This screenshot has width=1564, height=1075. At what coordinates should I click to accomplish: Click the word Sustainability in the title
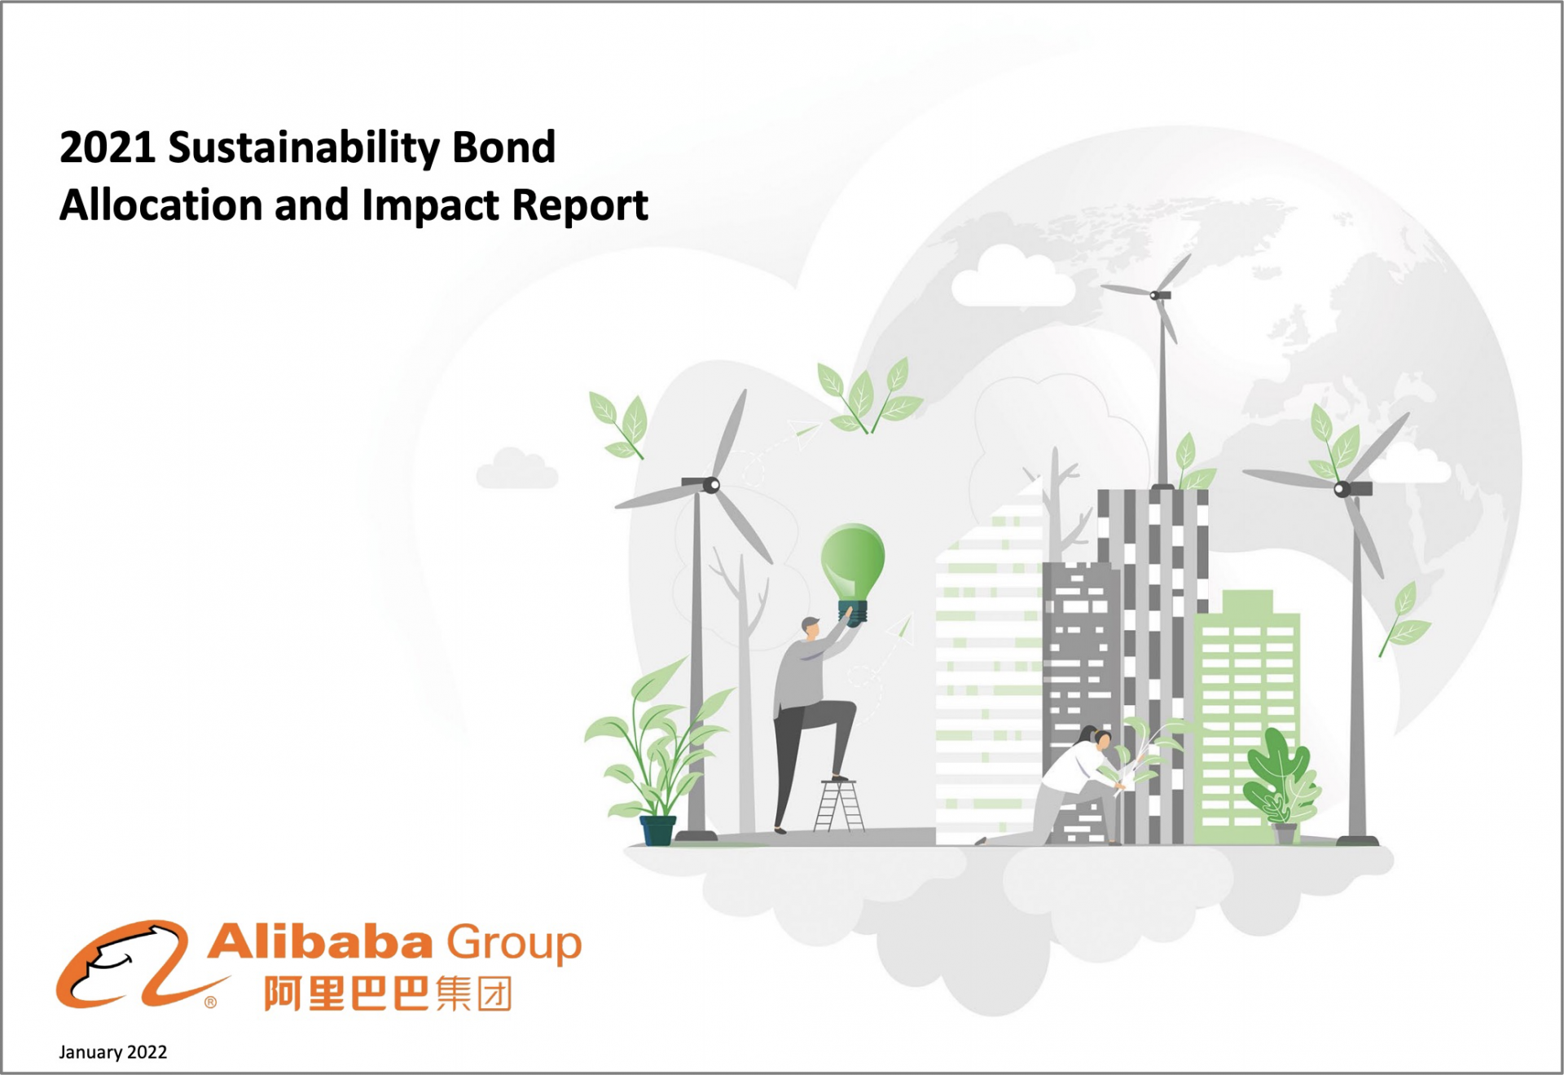[304, 149]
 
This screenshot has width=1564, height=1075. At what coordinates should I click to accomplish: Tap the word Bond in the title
[503, 148]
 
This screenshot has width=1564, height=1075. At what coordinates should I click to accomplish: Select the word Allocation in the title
[160, 205]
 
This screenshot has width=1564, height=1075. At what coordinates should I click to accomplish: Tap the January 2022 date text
[112, 1052]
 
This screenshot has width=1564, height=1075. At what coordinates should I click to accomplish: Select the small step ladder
[839, 805]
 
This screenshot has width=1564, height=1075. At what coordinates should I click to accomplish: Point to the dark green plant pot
[658, 830]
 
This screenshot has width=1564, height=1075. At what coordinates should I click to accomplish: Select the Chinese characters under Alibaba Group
[388, 993]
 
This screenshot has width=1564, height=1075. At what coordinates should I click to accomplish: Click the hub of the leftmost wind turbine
[711, 485]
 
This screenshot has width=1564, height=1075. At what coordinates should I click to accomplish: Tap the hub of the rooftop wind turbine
[1155, 295]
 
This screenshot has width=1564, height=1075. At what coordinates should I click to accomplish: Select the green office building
[1246, 717]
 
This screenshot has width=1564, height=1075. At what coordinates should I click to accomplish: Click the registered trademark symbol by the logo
[211, 1002]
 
